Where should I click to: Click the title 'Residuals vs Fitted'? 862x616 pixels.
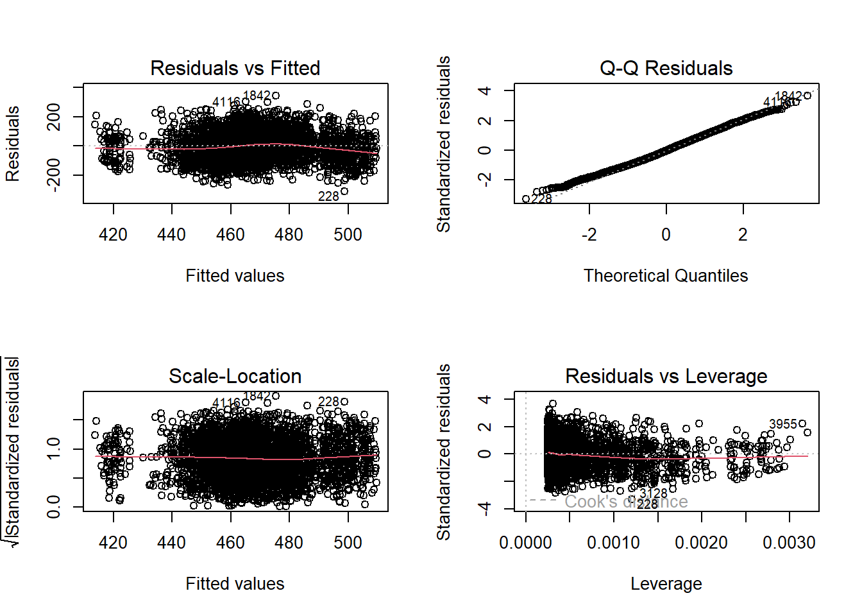pos(235,68)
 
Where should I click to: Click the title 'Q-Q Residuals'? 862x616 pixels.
pos(666,68)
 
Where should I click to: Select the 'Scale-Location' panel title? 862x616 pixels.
pos(235,376)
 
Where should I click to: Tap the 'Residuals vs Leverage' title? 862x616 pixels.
pos(666,376)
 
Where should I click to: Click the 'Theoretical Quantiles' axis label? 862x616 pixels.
pos(666,276)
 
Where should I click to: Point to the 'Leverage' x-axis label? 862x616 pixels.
pos(666,584)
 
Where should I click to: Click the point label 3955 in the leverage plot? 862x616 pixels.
pos(782,424)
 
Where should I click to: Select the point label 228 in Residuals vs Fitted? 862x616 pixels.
pos(328,196)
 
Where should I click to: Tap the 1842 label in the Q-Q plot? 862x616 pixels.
pos(788,96)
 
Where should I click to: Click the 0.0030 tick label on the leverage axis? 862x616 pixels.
pos(789,543)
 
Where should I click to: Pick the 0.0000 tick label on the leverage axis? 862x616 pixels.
pos(525,543)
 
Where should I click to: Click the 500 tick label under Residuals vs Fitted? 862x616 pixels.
pos(348,235)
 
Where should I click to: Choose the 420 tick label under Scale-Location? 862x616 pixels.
pos(113,543)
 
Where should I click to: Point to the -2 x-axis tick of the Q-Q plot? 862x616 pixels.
pos(589,235)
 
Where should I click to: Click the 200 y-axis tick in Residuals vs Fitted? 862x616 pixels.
pos(54,117)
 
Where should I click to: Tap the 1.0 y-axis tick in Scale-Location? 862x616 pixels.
pos(54,449)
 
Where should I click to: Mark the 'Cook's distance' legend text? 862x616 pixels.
pos(626,502)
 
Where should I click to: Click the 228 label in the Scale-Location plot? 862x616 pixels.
pos(328,402)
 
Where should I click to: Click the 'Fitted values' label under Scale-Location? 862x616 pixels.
pos(235,584)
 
